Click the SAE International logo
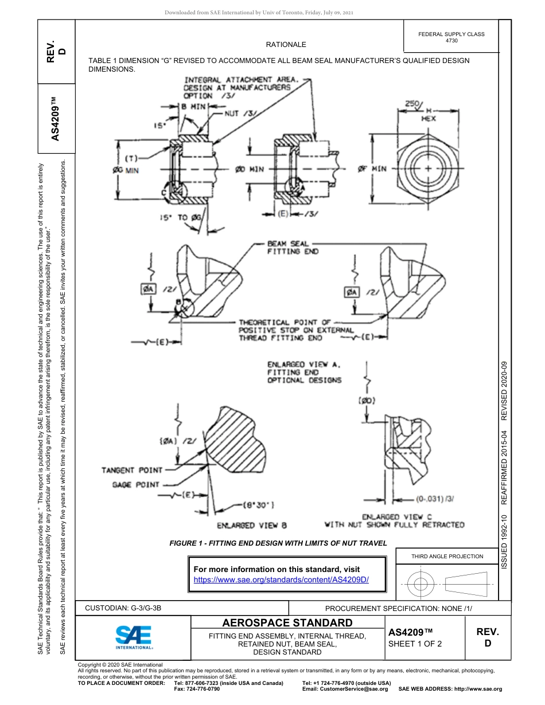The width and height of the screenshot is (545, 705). tap(133, 637)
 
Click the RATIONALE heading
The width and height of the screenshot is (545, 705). tap(286, 45)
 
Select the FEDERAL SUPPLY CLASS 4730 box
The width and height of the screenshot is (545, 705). tap(451, 37)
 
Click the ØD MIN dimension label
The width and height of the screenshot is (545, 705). tap(250, 169)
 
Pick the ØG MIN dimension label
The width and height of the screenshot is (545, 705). tap(125, 170)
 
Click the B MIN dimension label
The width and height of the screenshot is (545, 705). tap(194, 107)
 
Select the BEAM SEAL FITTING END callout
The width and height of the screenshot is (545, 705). tap(293, 248)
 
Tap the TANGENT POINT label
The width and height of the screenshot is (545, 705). tap(132, 470)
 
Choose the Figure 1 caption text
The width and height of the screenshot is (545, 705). tap(278, 543)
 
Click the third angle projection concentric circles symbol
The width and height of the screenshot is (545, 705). tap(421, 585)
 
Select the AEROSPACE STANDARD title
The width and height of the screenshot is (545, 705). tap(287, 623)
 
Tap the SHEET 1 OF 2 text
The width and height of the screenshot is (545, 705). tap(415, 644)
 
